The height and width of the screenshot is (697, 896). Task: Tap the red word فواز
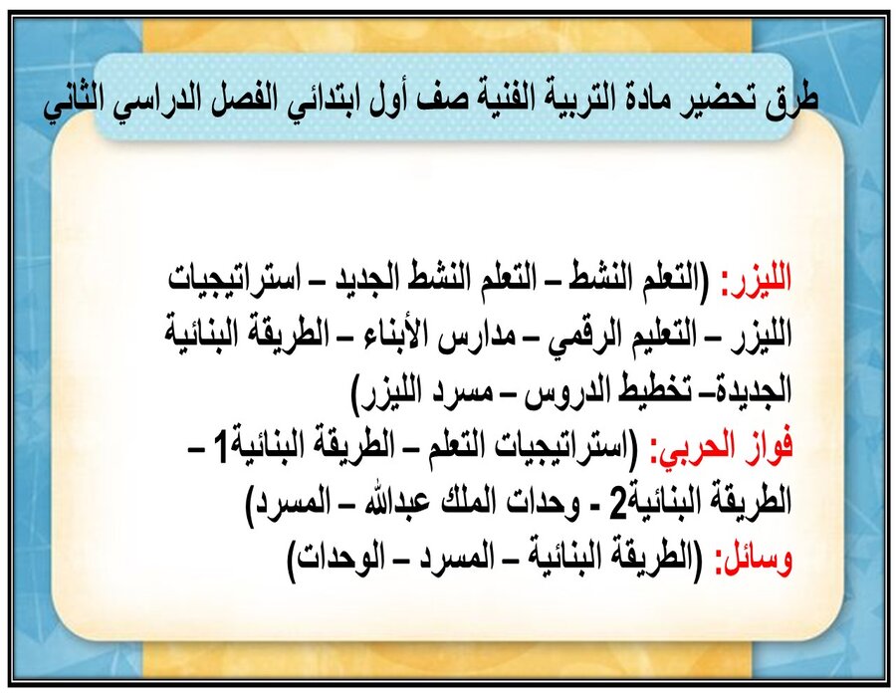coord(768,447)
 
